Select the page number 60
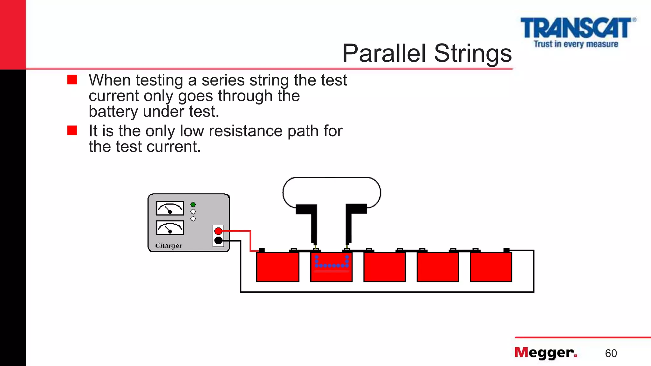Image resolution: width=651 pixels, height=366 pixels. pyautogui.click(x=611, y=353)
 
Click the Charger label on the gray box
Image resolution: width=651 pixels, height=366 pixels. pyautogui.click(x=168, y=246)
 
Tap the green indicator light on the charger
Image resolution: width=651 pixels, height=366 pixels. pyautogui.click(x=193, y=205)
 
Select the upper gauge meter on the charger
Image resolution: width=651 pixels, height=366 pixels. pyautogui.click(x=170, y=208)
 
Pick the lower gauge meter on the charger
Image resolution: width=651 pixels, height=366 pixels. pyautogui.click(x=170, y=228)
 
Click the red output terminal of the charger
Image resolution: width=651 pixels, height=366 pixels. pyautogui.click(x=218, y=231)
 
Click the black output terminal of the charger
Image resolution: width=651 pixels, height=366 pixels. pyautogui.click(x=218, y=241)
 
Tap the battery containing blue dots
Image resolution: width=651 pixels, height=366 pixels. pyautogui.click(x=331, y=267)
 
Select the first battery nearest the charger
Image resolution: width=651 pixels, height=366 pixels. pyautogui.click(x=278, y=267)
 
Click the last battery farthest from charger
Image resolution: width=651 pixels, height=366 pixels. pyautogui.click(x=491, y=267)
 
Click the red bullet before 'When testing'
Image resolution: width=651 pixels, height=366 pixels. pyautogui.click(x=72, y=79)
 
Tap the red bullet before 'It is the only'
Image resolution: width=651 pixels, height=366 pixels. pyautogui.click(x=72, y=130)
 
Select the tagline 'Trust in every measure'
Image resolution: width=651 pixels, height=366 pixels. pyautogui.click(x=576, y=44)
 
